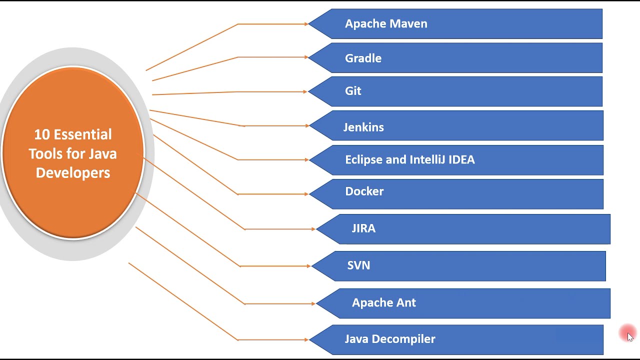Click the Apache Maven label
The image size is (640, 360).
point(386,23)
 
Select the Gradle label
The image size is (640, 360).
point(363,58)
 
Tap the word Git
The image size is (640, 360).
point(353,91)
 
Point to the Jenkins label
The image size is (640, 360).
point(363,127)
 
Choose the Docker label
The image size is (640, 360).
point(364,191)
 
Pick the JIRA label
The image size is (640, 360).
point(363,228)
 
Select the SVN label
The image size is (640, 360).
point(358,265)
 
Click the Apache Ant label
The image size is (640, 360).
point(383,303)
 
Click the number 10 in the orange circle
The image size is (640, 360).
point(42,134)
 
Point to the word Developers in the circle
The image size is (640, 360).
point(73,173)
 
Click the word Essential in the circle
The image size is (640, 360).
point(82,134)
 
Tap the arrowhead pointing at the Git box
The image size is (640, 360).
point(304,91)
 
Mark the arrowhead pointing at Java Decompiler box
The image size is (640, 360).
point(306,340)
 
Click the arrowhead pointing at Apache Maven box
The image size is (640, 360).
point(306,23)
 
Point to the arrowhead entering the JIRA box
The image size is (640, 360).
point(313,229)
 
